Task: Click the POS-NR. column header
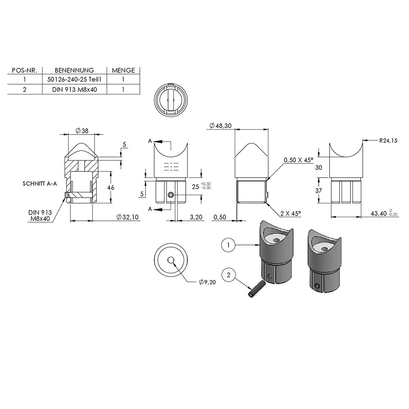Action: click(25, 70)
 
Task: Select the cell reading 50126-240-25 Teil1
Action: click(74, 80)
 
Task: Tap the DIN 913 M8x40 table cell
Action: click(74, 90)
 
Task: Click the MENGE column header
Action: click(123, 70)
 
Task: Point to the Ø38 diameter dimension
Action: click(82, 131)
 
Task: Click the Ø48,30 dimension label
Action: click(220, 126)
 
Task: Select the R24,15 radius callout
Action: click(388, 141)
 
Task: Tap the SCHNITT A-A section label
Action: click(40, 184)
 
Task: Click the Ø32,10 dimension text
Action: click(128, 217)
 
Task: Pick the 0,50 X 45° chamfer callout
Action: click(298, 160)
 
